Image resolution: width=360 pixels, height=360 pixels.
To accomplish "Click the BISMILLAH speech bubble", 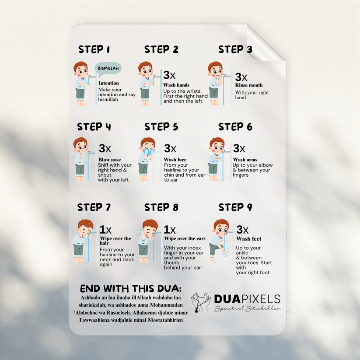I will click(x=108, y=68).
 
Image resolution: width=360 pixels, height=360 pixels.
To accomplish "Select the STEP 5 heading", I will click(x=161, y=127).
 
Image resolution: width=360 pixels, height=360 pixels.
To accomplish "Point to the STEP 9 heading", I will click(x=235, y=207).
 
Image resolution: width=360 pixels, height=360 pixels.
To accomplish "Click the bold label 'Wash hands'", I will click(x=176, y=85).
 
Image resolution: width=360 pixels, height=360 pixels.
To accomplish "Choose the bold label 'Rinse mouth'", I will click(x=249, y=85).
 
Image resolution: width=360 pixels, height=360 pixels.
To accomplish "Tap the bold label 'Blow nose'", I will click(x=109, y=160).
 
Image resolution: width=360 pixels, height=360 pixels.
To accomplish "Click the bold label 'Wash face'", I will click(x=175, y=160).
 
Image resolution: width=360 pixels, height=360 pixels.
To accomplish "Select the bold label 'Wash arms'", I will click(x=245, y=160).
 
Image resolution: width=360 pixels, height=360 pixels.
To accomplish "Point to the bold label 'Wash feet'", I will click(x=249, y=239).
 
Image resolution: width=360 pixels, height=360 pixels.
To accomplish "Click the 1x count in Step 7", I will click(x=105, y=230).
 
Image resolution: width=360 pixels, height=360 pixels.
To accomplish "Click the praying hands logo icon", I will click(x=201, y=302).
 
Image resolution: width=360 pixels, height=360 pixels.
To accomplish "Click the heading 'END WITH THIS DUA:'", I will click(x=130, y=289).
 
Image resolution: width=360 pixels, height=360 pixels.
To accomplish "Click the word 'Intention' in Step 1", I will click(x=108, y=83).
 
